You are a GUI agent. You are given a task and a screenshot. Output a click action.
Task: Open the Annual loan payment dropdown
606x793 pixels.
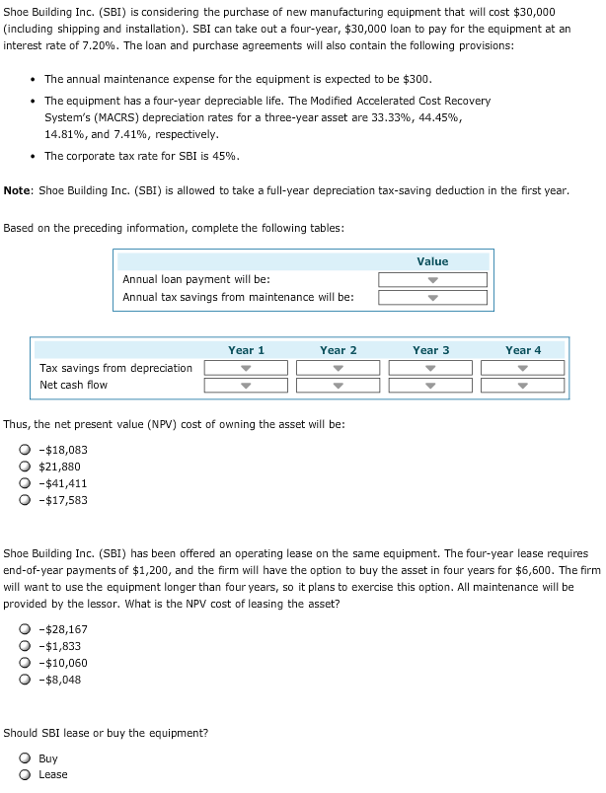coord(432,279)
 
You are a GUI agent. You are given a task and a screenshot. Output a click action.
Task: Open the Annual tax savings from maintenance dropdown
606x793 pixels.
coord(432,297)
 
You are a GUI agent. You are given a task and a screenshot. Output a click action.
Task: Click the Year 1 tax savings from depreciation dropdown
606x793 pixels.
coord(246,368)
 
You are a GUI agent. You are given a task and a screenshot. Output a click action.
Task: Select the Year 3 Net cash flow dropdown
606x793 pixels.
coord(431,385)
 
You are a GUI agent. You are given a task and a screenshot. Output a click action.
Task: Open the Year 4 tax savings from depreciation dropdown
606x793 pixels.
coord(523,368)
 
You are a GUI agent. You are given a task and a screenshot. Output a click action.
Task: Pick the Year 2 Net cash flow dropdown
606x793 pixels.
coord(339,385)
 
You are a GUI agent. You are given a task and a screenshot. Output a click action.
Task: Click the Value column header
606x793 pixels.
coord(432,261)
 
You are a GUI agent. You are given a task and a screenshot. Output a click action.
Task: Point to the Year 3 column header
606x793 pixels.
coord(431,350)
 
